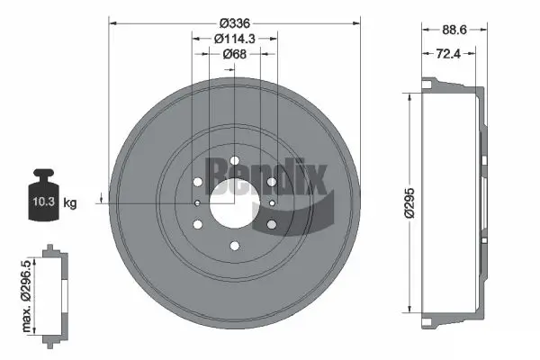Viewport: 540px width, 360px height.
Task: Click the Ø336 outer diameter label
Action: click(x=233, y=22)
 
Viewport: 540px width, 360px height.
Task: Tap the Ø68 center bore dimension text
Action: click(x=234, y=54)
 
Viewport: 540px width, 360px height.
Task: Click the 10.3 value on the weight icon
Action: click(x=41, y=202)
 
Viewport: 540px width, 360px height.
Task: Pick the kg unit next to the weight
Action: click(x=70, y=203)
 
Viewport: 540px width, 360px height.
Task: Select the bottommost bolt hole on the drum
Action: click(x=234, y=245)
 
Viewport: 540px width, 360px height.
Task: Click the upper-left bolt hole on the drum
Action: click(x=197, y=182)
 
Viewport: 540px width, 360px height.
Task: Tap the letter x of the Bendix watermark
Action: click(x=310, y=178)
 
